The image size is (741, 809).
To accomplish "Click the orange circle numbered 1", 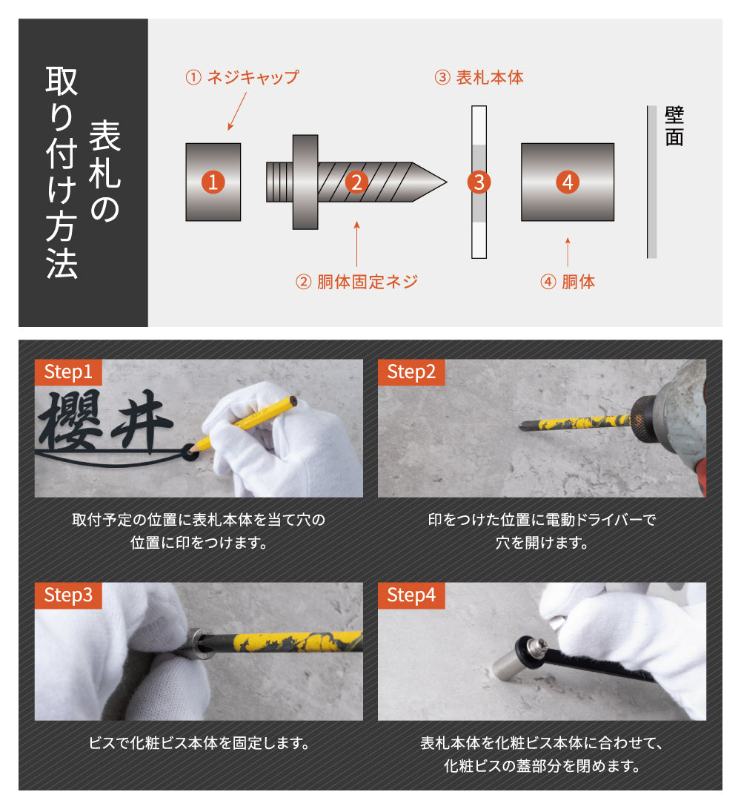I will pyautogui.click(x=213, y=182).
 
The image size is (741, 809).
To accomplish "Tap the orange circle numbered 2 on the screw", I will pyautogui.click(x=356, y=182).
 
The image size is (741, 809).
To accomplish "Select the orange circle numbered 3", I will pyautogui.click(x=479, y=182).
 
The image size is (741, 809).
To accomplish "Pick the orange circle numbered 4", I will pyautogui.click(x=568, y=182).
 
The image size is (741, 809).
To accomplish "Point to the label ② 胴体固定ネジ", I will pyautogui.click(x=356, y=282).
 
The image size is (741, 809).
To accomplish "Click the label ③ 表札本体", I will pyautogui.click(x=479, y=77).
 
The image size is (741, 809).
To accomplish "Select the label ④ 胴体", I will pyautogui.click(x=568, y=282).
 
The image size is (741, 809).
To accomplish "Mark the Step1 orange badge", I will pyautogui.click(x=68, y=372).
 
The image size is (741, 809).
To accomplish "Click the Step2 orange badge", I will pyautogui.click(x=411, y=372).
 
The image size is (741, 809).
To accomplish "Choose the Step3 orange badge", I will pyautogui.click(x=68, y=595).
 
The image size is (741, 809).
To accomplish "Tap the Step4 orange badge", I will pyautogui.click(x=411, y=595).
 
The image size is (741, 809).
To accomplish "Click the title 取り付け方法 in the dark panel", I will pyautogui.click(x=62, y=173).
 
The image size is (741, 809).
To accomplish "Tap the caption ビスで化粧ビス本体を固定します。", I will pyautogui.click(x=199, y=743).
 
